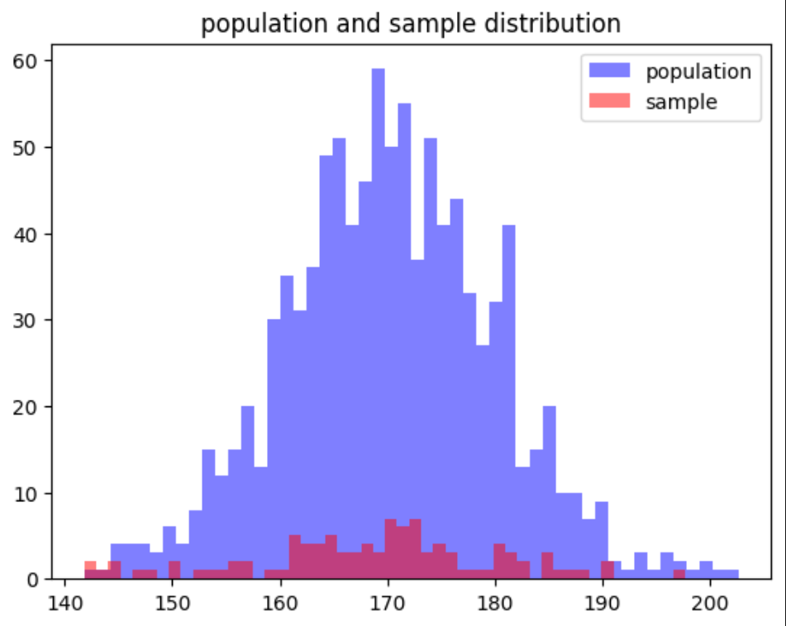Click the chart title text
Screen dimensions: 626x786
point(411,24)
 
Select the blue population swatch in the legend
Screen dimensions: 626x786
point(609,71)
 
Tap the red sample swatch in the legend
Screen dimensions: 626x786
point(609,102)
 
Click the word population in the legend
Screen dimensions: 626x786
point(698,72)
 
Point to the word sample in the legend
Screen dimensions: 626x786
point(681,102)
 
